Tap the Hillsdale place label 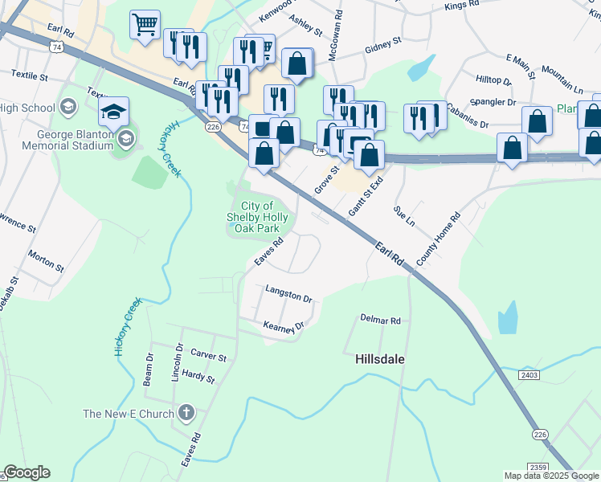tap(380, 361)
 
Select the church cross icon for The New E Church tap(186, 414)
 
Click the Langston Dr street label tap(288, 293)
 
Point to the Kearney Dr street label tap(285, 325)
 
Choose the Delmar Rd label tap(380, 320)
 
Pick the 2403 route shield tap(529, 375)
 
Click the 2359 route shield tap(538, 467)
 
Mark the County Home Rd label tap(438, 239)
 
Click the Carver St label tap(209, 355)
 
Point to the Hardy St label tap(198, 376)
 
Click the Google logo tap(27, 472)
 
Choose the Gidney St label tap(382, 44)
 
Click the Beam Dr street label tap(149, 369)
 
